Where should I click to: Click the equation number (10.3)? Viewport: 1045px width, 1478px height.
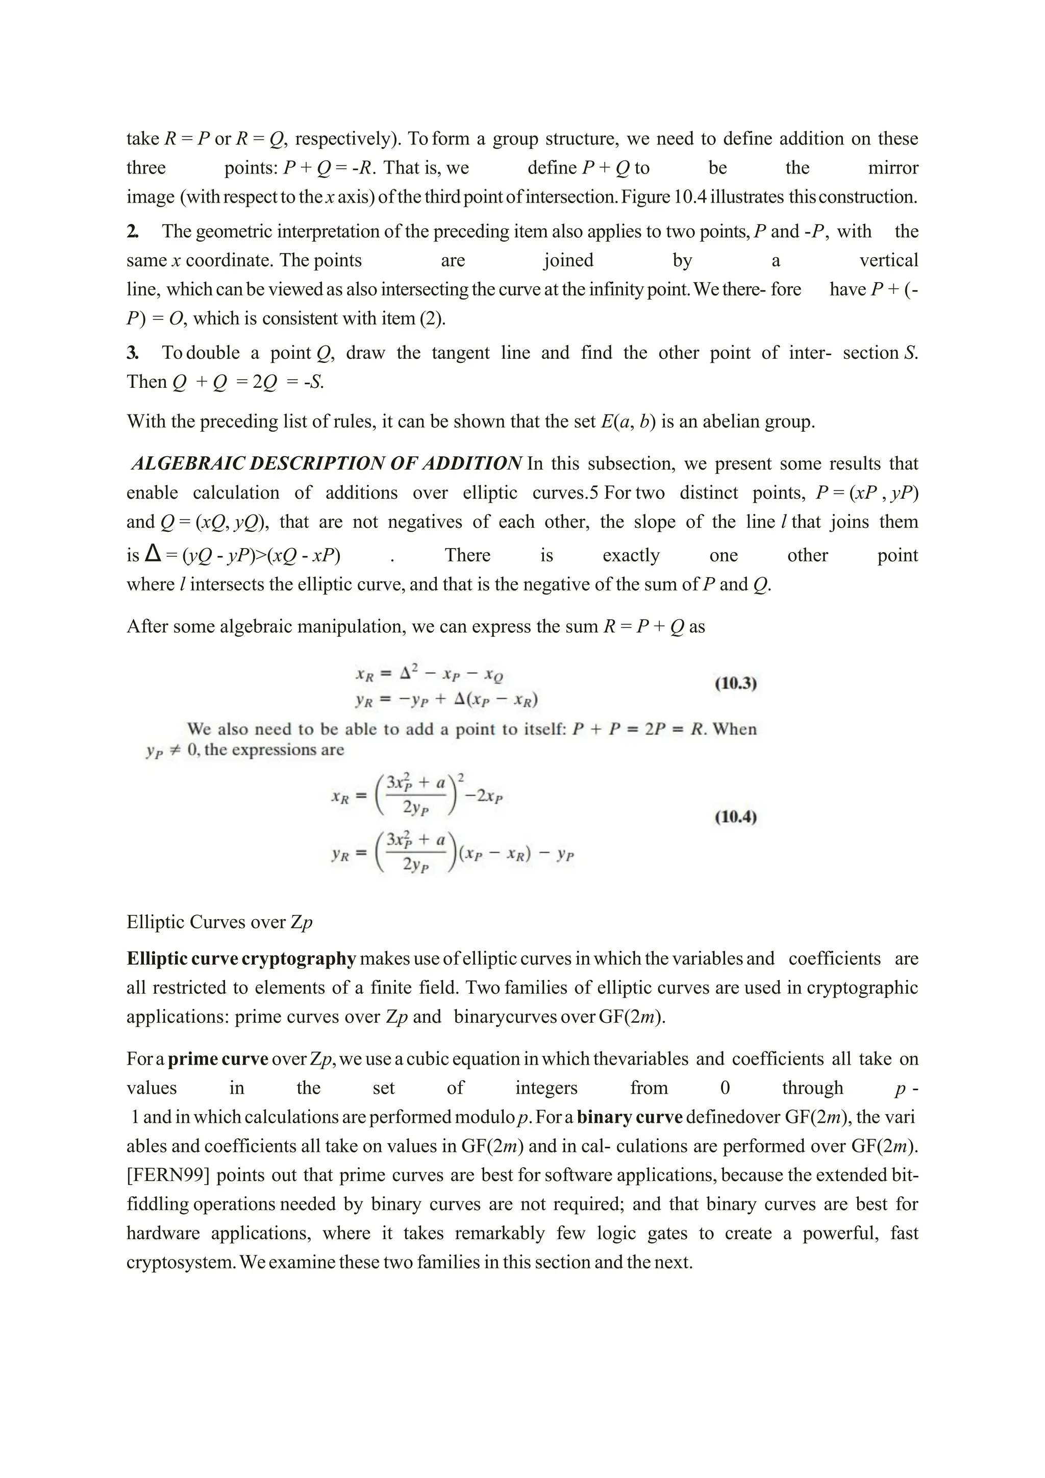point(735,683)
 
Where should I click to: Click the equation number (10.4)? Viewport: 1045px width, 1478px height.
point(735,818)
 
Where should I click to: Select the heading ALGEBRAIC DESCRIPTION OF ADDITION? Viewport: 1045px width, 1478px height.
point(326,463)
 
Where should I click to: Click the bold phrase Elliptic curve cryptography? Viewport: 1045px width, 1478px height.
point(241,958)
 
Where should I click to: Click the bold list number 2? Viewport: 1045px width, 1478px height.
point(132,232)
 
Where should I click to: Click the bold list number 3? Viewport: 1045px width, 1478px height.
point(132,353)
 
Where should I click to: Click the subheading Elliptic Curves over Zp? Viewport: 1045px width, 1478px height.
point(219,922)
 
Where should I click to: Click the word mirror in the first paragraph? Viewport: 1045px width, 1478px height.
point(892,168)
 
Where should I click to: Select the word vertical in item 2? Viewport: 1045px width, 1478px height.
point(889,261)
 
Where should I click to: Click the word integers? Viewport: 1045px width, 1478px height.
point(545,1088)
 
